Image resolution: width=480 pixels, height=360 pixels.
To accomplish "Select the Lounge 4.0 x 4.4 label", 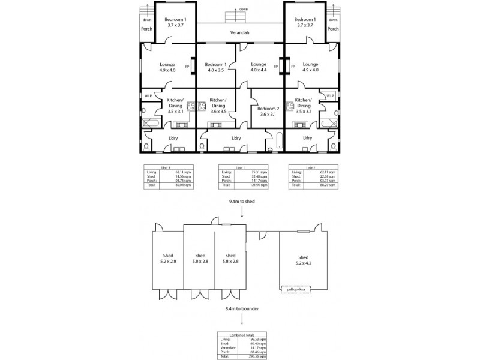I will coord(259,67).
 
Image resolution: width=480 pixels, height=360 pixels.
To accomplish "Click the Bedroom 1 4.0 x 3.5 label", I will coord(215,67).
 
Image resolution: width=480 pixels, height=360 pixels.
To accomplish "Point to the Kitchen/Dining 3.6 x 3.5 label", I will coord(218,106).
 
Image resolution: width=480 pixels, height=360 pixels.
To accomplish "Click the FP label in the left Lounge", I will coord(187,67).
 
